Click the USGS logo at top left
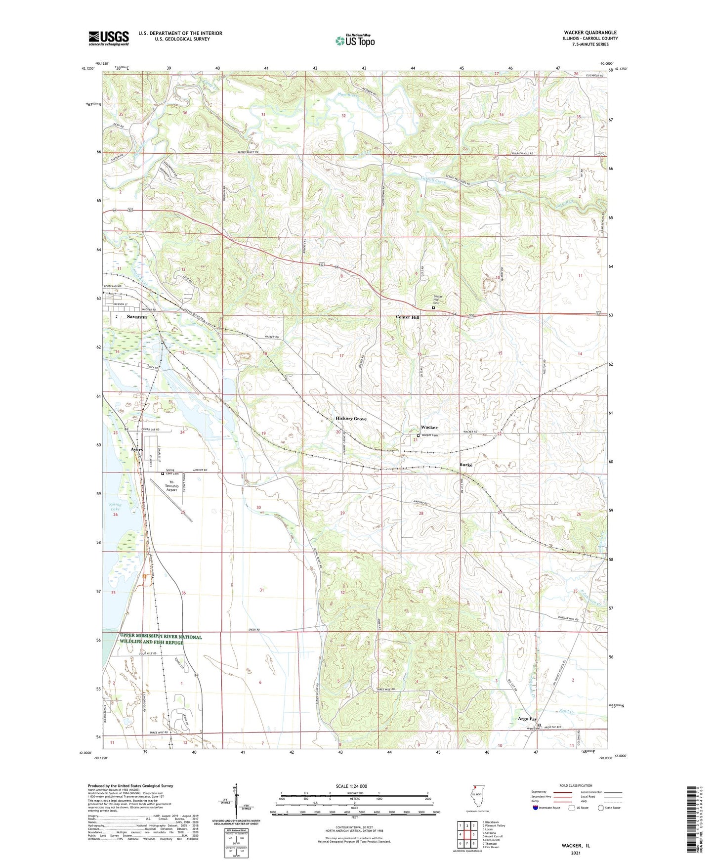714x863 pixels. [108, 38]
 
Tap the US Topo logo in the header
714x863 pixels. [355, 41]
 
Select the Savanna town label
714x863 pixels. [136, 316]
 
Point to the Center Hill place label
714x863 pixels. [408, 317]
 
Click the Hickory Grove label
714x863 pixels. [351, 419]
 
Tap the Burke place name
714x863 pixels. [465, 465]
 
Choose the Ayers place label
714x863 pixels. [137, 449]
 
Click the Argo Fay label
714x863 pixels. [527, 719]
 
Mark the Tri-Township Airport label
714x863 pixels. [172, 486]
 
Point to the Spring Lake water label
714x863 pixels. [115, 507]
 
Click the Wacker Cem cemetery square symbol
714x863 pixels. [418, 435]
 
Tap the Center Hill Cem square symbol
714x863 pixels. [433, 307]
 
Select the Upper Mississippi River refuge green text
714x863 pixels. [160, 639]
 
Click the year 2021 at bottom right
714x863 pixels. [576, 853]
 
